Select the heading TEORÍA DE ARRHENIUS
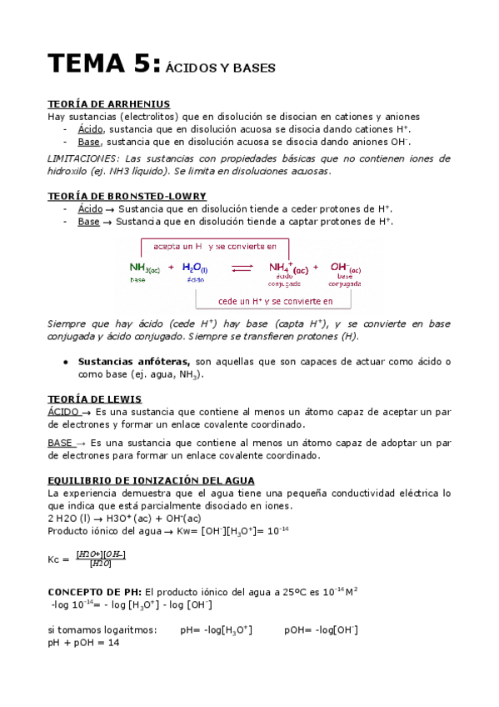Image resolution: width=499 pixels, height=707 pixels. pyautogui.click(x=109, y=104)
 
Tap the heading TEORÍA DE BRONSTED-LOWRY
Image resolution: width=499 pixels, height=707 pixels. pyautogui.click(x=127, y=196)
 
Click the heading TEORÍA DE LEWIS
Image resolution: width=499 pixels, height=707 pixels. pyautogui.click(x=94, y=399)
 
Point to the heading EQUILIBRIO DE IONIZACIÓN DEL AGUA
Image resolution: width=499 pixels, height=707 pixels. pyautogui.click(x=151, y=481)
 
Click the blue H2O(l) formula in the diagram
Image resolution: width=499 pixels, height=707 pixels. pyautogui.click(x=195, y=268)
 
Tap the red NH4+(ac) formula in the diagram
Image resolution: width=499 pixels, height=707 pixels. pyautogui.click(x=288, y=268)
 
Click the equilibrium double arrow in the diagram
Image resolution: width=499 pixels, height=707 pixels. pyautogui.click(x=242, y=268)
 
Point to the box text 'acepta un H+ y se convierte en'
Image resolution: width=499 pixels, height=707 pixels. pyautogui.click(x=216, y=247)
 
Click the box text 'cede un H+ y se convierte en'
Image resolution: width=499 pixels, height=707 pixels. pyautogui.click(x=275, y=301)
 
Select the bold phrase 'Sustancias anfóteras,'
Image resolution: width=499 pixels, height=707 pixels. pyautogui.click(x=134, y=362)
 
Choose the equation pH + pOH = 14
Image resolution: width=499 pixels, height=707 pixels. pyautogui.click(x=85, y=643)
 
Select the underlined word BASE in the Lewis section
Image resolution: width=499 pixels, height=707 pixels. pyautogui.click(x=61, y=443)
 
